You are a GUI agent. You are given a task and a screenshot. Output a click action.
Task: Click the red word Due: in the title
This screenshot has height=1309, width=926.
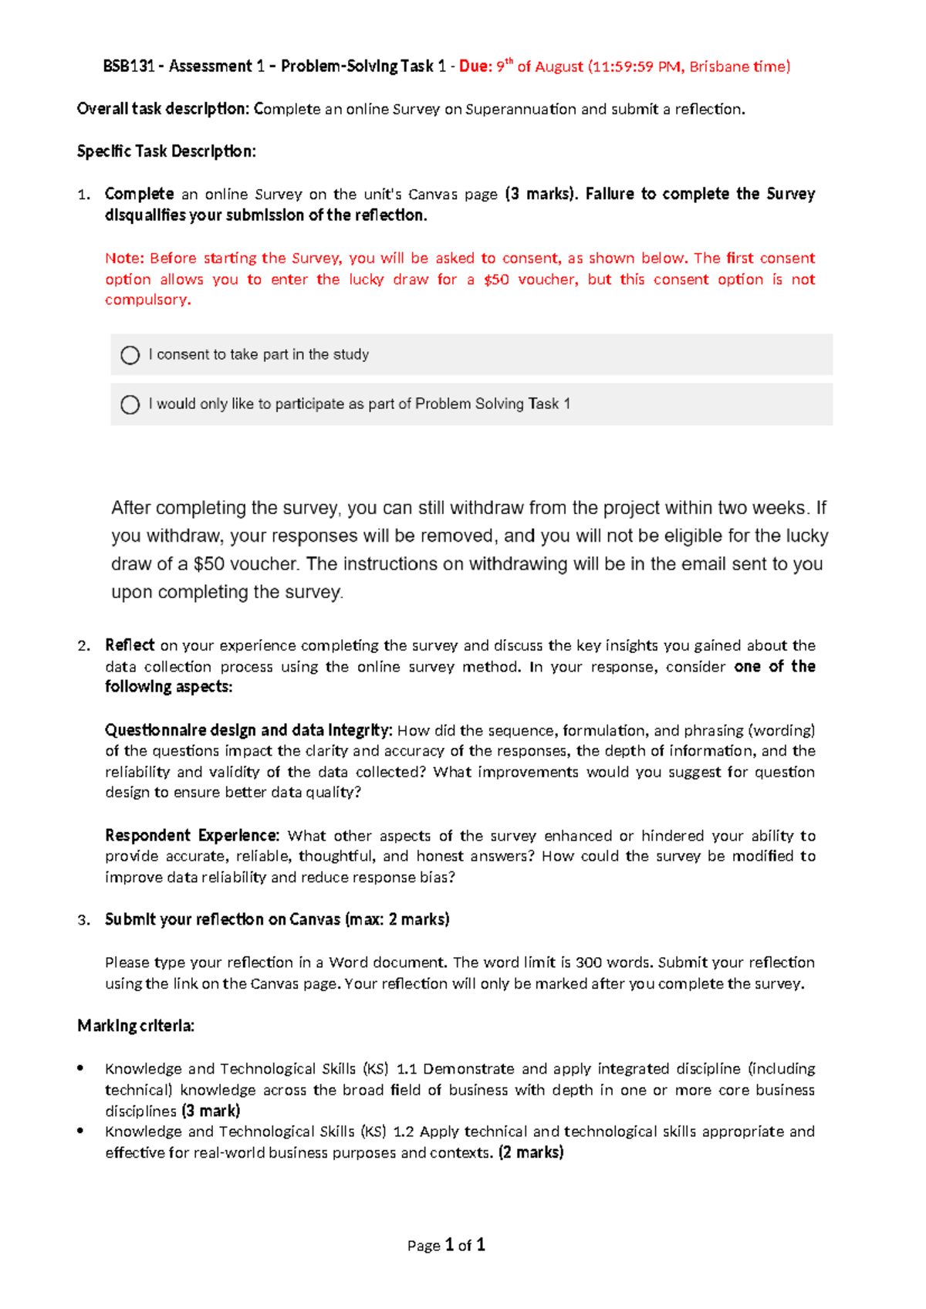click(475, 66)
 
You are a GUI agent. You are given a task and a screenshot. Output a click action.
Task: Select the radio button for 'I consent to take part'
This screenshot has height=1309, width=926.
click(130, 355)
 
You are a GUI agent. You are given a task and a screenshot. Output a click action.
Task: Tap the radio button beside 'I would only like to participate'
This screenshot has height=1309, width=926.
click(130, 404)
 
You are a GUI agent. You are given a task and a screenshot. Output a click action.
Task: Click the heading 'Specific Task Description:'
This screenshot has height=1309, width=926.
click(166, 151)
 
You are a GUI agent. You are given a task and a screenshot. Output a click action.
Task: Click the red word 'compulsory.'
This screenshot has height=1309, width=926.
click(148, 299)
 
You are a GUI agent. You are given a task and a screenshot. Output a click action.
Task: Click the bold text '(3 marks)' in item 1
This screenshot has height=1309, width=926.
click(541, 194)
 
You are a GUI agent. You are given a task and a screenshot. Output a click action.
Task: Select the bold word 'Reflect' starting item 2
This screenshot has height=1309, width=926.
click(130, 644)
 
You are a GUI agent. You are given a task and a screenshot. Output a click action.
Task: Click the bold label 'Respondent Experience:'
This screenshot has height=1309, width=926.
click(192, 835)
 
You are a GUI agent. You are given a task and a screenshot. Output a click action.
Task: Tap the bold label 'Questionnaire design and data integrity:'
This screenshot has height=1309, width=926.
click(248, 730)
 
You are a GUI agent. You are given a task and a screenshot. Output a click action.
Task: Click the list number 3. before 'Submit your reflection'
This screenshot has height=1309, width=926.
click(84, 920)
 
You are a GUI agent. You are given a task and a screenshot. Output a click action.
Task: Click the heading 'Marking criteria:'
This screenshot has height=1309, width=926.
click(136, 1026)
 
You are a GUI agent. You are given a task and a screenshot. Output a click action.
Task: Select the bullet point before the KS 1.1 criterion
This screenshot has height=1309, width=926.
click(81, 1068)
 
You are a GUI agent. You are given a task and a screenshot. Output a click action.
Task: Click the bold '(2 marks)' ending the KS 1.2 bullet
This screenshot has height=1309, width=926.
click(531, 1152)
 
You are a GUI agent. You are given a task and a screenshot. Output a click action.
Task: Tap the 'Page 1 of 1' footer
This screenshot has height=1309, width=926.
click(446, 1245)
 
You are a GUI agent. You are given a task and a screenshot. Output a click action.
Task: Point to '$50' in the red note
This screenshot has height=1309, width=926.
click(496, 279)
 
